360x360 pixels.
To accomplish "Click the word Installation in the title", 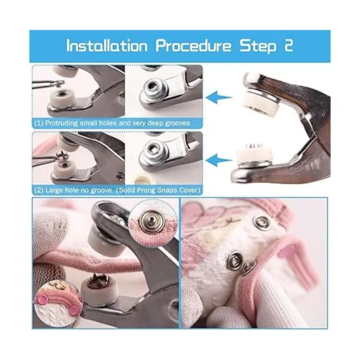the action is [107, 46].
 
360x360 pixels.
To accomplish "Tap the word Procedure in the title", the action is [193, 46].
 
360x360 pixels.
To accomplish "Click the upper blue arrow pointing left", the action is [219, 97].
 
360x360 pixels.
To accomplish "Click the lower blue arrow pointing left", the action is [219, 160].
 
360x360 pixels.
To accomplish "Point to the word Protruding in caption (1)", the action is [62, 123].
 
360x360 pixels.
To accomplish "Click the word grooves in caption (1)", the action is [178, 123].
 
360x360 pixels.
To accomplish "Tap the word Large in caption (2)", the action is [54, 190].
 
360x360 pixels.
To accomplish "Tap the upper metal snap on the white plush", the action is [262, 221].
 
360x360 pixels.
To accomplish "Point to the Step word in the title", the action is [258, 47].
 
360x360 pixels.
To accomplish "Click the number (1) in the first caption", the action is [39, 123].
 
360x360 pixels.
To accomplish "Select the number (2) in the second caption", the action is [39, 190].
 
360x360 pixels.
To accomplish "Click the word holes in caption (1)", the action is [108, 123].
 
